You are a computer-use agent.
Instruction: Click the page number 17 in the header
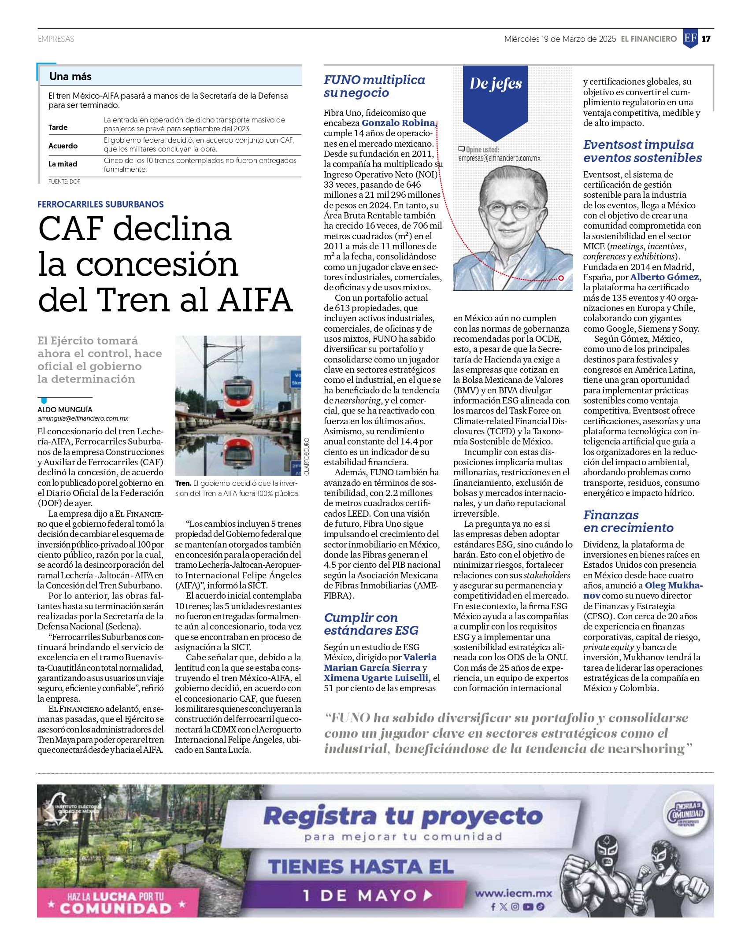pos(706,39)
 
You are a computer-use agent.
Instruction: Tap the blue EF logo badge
pos(690,38)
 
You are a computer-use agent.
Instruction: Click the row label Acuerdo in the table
pos(63,146)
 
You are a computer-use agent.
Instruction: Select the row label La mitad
pos(63,164)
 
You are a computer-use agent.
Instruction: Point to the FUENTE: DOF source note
pos(64,181)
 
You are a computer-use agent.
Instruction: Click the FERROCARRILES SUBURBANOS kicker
pos(100,204)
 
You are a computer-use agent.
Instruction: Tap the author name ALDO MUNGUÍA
pos(65,410)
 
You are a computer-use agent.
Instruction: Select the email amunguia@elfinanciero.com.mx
pos(83,418)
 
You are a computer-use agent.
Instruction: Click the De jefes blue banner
pos(496,84)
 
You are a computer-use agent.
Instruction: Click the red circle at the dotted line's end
pos(561,278)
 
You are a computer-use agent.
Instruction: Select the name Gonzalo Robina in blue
pos(398,123)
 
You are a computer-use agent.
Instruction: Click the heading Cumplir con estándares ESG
pos(371,624)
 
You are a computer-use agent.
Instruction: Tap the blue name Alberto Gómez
pos(665,277)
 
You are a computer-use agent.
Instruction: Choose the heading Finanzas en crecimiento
pos(628,521)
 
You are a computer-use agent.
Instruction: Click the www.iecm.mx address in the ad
pos(513,893)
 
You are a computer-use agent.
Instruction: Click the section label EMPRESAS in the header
pos(56,39)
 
